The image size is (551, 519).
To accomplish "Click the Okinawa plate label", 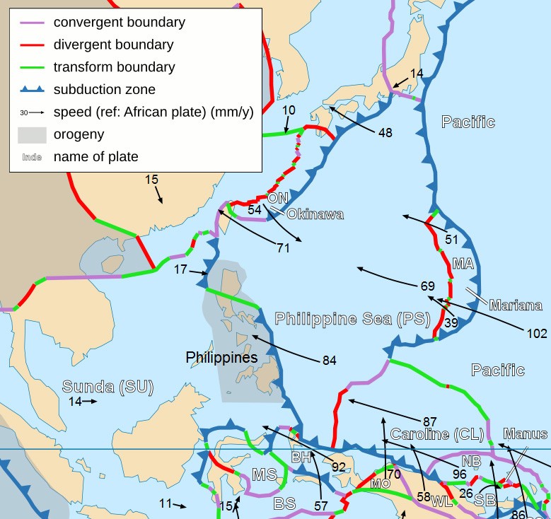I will pos(315,214).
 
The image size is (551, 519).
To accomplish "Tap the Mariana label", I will pos(515,305).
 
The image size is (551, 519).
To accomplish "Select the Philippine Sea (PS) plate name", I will pos(352,319).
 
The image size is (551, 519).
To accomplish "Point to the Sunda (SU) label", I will pos(108,386).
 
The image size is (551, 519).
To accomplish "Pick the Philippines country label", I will pos(221,358).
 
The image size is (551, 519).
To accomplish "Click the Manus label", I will pos(525,433).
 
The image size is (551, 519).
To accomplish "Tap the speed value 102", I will pos(537,332).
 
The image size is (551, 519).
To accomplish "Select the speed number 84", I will pos(329,361).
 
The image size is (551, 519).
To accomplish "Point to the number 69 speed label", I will pos(427,286).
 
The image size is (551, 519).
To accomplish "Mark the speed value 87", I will pos(430,421).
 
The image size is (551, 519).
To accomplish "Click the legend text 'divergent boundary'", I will pos(113,45).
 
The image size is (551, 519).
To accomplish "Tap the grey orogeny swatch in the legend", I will pos(32,134).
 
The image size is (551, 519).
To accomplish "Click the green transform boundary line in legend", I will pos(32,68).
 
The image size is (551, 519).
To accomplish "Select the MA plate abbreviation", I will pos(463,264).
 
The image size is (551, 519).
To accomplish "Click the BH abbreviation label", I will pos(301,457).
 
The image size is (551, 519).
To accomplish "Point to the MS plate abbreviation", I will pos(263,474).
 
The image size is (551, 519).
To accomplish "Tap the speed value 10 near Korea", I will pos(289,110).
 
